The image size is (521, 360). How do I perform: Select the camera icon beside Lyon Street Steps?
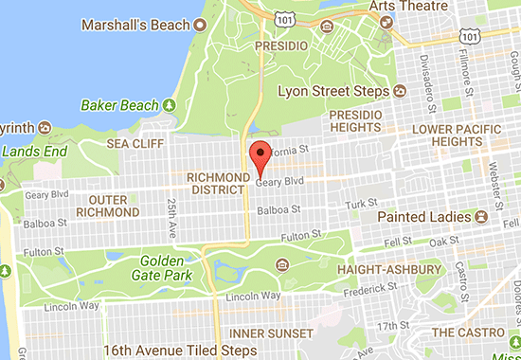400,92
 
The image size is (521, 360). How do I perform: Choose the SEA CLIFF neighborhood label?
130,144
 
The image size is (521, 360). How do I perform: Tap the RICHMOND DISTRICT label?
217,183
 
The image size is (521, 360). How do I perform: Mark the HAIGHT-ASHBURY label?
383,270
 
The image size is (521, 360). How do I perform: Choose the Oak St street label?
438,243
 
